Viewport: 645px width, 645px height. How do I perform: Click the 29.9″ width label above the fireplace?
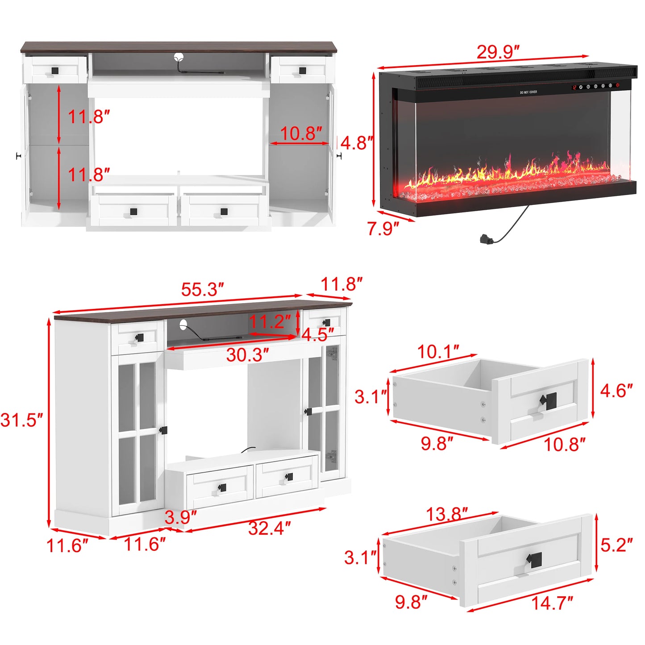[x=498, y=52]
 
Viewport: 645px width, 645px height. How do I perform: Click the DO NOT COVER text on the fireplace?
[x=528, y=92]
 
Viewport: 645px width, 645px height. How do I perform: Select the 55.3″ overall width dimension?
[x=202, y=290]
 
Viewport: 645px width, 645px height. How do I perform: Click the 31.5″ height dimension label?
[x=21, y=420]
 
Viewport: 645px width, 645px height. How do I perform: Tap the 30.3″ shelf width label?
[x=247, y=355]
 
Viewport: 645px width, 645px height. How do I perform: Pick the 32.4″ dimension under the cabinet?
[x=269, y=528]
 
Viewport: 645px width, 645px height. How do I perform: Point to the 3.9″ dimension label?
[x=180, y=518]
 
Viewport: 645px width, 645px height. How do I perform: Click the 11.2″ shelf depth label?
[x=270, y=321]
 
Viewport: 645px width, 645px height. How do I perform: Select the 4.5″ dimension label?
[x=317, y=334]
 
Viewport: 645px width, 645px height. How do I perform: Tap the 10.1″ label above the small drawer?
[x=438, y=352]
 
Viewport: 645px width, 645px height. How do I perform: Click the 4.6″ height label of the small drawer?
[x=616, y=391]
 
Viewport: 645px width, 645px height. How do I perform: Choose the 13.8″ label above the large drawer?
[x=446, y=514]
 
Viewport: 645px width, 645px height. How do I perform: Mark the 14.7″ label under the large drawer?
[x=552, y=603]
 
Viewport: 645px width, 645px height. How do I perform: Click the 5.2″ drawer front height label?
[x=616, y=545]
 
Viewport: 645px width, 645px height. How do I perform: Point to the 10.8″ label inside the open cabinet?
[x=301, y=133]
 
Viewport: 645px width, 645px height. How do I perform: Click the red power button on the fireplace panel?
[x=618, y=85]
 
